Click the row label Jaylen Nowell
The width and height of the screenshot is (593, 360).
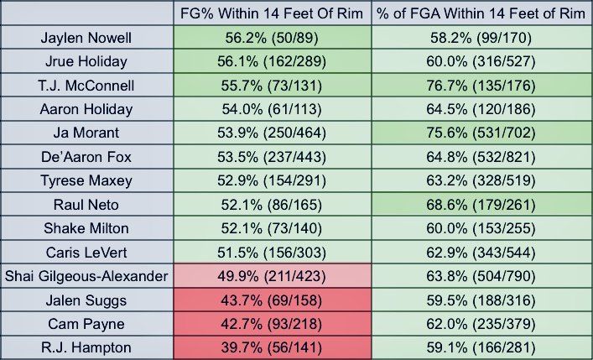pyautogui.click(x=86, y=38)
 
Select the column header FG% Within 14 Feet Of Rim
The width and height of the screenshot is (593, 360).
pyautogui.click(x=272, y=13)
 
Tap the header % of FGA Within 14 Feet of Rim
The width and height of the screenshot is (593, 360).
pyautogui.click(x=481, y=13)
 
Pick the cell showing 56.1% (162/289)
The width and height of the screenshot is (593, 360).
pyautogui.click(x=272, y=62)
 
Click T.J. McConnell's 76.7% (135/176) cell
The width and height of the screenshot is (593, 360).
pyautogui.click(x=481, y=86)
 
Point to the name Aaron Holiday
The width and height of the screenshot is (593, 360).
pyautogui.click(x=86, y=109)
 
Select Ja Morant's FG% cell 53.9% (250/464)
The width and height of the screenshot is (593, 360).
pyautogui.click(x=272, y=133)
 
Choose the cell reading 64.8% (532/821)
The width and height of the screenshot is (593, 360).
pyautogui.click(x=481, y=157)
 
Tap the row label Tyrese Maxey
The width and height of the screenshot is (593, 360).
pyautogui.click(x=86, y=180)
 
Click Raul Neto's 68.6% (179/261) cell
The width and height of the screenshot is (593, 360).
pyautogui.click(x=481, y=205)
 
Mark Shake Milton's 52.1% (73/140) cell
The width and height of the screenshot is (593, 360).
pyautogui.click(x=272, y=228)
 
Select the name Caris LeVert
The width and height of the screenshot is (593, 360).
pyautogui.click(x=86, y=253)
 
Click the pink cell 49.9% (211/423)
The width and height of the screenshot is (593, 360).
pyautogui.click(x=272, y=276)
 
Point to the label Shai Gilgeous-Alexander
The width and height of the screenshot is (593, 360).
pyautogui.click(x=86, y=276)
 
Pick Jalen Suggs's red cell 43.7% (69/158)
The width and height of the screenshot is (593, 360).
pyautogui.click(x=272, y=300)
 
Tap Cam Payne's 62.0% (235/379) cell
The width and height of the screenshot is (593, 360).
pyautogui.click(x=481, y=324)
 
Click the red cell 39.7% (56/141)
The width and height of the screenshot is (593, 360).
pyautogui.click(x=272, y=347)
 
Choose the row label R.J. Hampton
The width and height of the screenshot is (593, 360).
pyautogui.click(x=86, y=347)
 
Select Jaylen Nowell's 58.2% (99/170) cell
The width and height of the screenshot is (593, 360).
pyautogui.click(x=481, y=38)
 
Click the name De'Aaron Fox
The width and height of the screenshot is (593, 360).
pyautogui.click(x=86, y=157)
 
